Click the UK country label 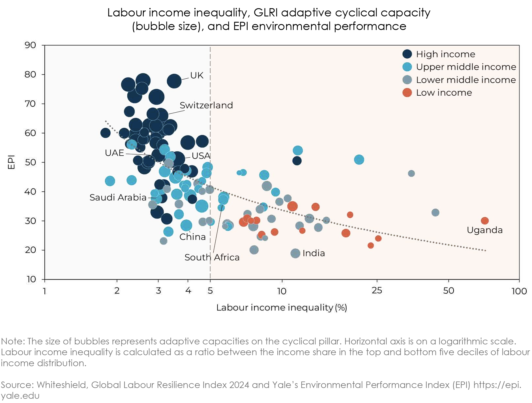coord(197,75)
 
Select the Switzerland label coord(206,105)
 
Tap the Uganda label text coord(484,230)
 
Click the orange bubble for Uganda coord(484,221)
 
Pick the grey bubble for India coord(295,253)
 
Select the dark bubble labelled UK coord(174,81)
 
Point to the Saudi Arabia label coord(118,197)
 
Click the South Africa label coord(212,257)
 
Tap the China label coord(192,237)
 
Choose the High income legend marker coord(407,54)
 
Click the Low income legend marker coord(407,93)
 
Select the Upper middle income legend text coord(466,67)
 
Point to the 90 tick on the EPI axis coord(30,45)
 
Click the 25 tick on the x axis coord(377,291)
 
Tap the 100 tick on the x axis coord(519,291)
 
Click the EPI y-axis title coord(11,162)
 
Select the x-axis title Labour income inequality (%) coord(281,308)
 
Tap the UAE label coord(114,153)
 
